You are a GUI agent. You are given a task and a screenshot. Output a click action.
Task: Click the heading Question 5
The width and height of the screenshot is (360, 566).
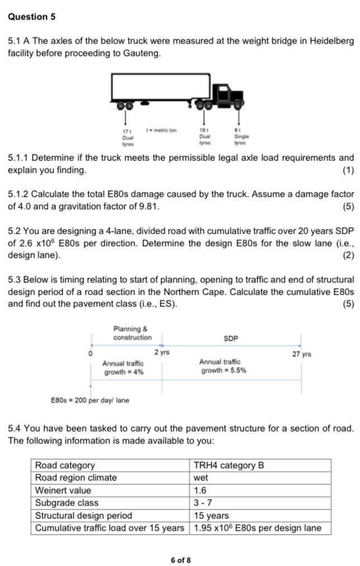(32, 17)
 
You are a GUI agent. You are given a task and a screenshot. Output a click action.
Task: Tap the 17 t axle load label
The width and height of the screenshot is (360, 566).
(126, 130)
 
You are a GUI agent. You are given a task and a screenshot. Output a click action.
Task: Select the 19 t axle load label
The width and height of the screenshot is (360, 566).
(203, 130)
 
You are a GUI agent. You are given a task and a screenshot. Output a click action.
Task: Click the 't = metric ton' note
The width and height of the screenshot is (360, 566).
(161, 130)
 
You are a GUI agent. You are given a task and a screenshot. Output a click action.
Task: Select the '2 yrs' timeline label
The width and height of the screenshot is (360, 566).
(162, 352)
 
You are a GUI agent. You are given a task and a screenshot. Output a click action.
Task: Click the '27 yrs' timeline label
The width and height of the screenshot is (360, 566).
(302, 354)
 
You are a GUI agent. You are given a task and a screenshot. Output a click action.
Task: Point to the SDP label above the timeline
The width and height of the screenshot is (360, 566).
(231, 338)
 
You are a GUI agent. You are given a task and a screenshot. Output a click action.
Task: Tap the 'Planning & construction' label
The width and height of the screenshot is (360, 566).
(132, 333)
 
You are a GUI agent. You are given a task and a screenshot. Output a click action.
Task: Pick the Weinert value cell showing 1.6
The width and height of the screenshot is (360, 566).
(200, 490)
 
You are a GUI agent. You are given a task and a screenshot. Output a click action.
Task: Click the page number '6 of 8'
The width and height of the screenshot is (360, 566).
(181, 560)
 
